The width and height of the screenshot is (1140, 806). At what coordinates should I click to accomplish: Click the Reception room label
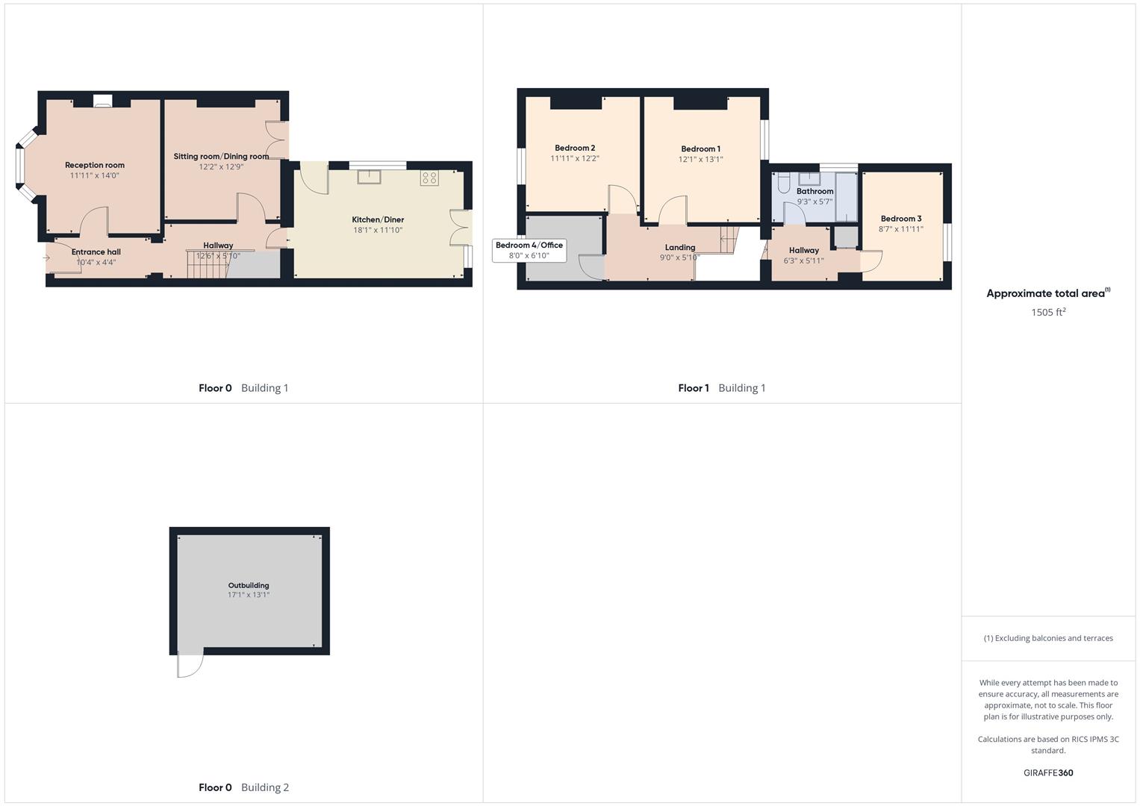click(x=95, y=165)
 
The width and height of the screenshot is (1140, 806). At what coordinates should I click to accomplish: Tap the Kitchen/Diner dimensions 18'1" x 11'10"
click(x=378, y=230)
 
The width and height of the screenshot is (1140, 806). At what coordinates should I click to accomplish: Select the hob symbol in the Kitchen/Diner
click(x=429, y=178)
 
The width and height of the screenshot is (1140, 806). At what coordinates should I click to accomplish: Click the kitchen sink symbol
click(x=369, y=177)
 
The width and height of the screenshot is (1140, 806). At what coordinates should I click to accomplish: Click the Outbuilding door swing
click(x=190, y=664)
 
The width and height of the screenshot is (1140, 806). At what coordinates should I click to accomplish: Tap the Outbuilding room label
click(x=249, y=585)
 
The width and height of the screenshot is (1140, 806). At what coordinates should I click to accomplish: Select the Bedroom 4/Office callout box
click(x=529, y=250)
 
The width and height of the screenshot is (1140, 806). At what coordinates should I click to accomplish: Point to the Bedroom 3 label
click(x=901, y=219)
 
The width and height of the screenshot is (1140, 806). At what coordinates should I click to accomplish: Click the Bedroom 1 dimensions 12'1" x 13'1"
click(x=700, y=159)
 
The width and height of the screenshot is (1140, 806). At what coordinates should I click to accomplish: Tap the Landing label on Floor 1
click(x=679, y=247)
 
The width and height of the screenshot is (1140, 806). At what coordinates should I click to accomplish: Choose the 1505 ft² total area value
click(x=1048, y=312)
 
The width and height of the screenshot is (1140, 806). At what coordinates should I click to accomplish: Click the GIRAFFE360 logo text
click(x=1048, y=772)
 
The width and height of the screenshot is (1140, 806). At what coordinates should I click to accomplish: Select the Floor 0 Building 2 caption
click(x=243, y=787)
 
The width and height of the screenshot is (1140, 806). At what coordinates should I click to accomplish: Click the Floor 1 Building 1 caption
click(x=721, y=388)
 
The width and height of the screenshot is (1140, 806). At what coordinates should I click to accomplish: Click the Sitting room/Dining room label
click(x=221, y=156)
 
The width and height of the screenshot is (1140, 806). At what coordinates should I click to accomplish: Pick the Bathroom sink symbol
click(x=809, y=178)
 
